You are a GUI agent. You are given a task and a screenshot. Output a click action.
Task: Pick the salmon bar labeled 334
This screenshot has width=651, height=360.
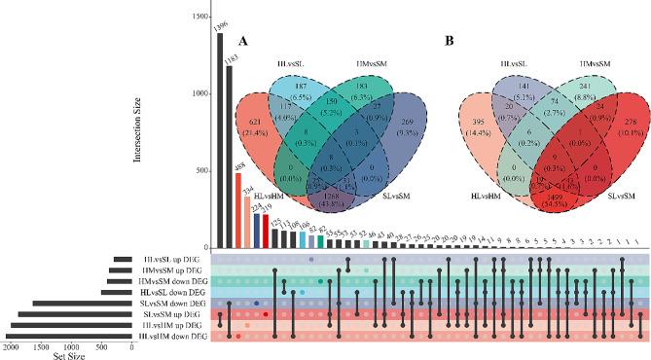point(248,223)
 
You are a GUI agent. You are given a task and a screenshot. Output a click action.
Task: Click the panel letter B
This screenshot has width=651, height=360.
point(450,42)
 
